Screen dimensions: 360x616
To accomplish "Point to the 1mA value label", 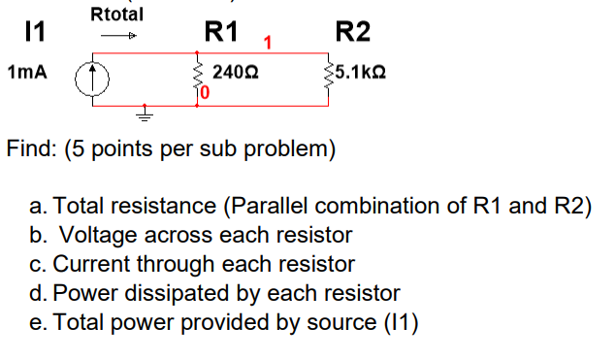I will [x=27, y=73].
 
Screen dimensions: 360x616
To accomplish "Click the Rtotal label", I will [x=116, y=15].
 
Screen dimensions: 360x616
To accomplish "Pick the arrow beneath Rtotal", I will [x=116, y=38].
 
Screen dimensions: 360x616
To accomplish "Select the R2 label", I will [x=352, y=33].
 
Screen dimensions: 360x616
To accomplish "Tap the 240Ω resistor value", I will [x=235, y=73].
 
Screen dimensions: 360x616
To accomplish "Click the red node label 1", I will [x=266, y=43].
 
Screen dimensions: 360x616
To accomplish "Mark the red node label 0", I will [x=206, y=92].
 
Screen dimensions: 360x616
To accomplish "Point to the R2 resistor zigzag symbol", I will [x=328, y=75].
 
